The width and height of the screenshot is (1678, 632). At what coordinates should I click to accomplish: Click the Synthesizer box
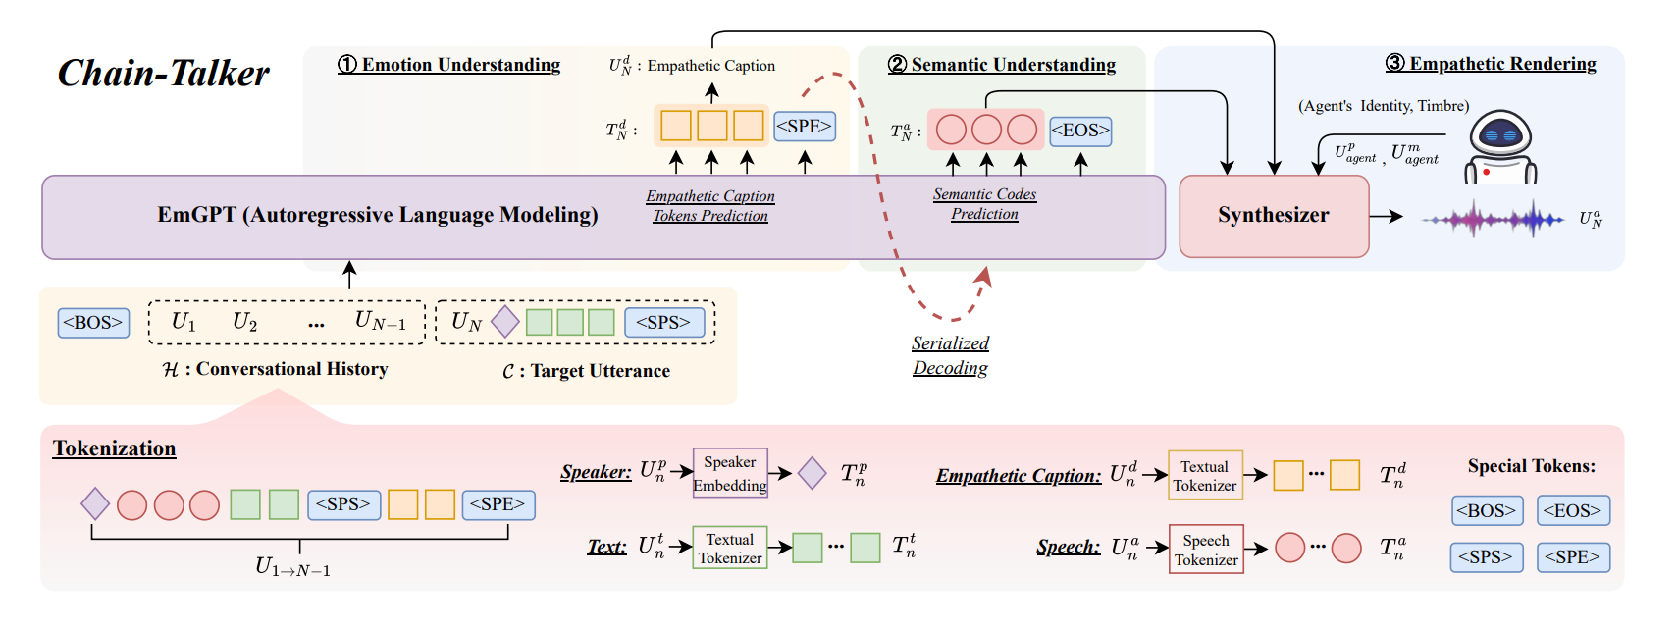pyautogui.click(x=1273, y=216)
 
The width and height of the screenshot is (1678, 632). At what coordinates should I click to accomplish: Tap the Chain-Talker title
pyautogui.click(x=163, y=74)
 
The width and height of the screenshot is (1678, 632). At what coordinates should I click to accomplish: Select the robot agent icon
pyautogui.click(x=1500, y=147)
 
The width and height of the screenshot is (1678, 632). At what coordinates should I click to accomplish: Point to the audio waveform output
pyautogui.click(x=1493, y=219)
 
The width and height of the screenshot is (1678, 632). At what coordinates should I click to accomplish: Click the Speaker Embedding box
pyautogui.click(x=729, y=473)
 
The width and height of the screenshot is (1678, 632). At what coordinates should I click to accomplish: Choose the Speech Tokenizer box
pyautogui.click(x=1206, y=550)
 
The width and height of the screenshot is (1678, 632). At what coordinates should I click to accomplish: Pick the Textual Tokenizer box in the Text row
pyautogui.click(x=729, y=549)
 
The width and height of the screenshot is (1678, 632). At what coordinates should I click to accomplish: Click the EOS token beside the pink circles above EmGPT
pyautogui.click(x=1080, y=130)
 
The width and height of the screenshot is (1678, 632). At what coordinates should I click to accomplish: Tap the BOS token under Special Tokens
pyautogui.click(x=1486, y=510)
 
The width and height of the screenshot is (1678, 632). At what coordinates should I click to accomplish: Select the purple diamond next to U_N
pyautogui.click(x=504, y=321)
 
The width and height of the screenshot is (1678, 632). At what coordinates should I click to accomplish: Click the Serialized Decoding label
pyautogui.click(x=950, y=355)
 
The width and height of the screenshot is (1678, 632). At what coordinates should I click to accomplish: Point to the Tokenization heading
pyautogui.click(x=114, y=448)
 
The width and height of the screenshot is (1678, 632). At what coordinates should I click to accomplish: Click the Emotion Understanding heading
pyautogui.click(x=449, y=65)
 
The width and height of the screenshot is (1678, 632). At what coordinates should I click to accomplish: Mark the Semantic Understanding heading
pyautogui.click(x=1002, y=65)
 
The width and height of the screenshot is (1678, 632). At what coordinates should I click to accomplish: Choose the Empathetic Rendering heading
pyautogui.click(x=1491, y=64)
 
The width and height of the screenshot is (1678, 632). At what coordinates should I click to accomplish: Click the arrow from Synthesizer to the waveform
pyautogui.click(x=1387, y=216)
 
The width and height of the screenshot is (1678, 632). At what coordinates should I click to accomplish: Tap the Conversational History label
pyautogui.click(x=276, y=369)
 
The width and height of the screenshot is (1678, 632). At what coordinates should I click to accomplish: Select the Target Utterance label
pyautogui.click(x=587, y=371)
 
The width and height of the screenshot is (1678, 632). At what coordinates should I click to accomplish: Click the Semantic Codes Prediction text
pyautogui.click(x=984, y=204)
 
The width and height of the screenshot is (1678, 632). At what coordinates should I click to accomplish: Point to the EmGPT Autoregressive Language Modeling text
pyautogui.click(x=378, y=215)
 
